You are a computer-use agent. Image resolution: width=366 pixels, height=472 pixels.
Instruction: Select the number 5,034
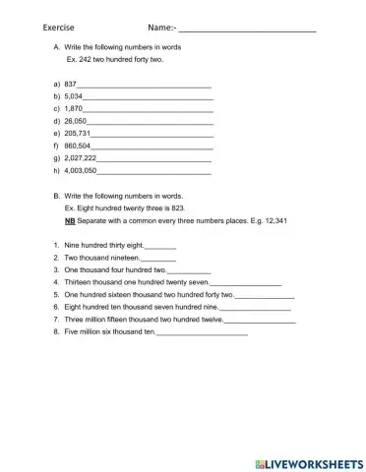click(73, 97)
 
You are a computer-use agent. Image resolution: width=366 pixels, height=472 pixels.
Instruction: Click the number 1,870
click(73, 109)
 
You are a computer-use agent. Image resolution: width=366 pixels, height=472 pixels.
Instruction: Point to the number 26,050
click(75, 121)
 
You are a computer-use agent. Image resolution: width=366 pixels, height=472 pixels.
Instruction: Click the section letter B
click(57, 197)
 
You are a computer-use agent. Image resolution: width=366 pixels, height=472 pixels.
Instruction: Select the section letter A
click(57, 47)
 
